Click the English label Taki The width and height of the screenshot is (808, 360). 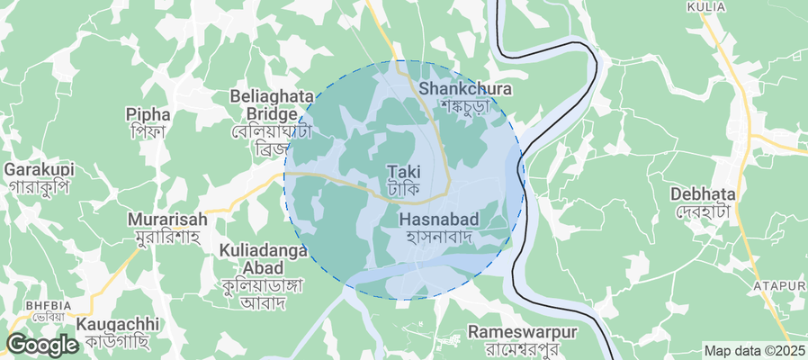404,171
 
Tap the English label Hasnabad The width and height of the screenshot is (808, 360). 438,220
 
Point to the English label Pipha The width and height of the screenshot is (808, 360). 148,114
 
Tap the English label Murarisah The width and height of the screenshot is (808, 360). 167,219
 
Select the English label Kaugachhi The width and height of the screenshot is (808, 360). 118,324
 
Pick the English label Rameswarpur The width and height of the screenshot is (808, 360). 523,332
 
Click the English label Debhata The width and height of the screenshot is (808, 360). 704,193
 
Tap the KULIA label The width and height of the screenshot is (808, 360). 705,7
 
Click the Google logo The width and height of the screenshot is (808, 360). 41,345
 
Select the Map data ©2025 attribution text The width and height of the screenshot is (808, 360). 754,350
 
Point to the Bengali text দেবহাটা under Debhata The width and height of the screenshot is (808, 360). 704,211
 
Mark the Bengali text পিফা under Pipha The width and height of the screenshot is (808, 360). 148,132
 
